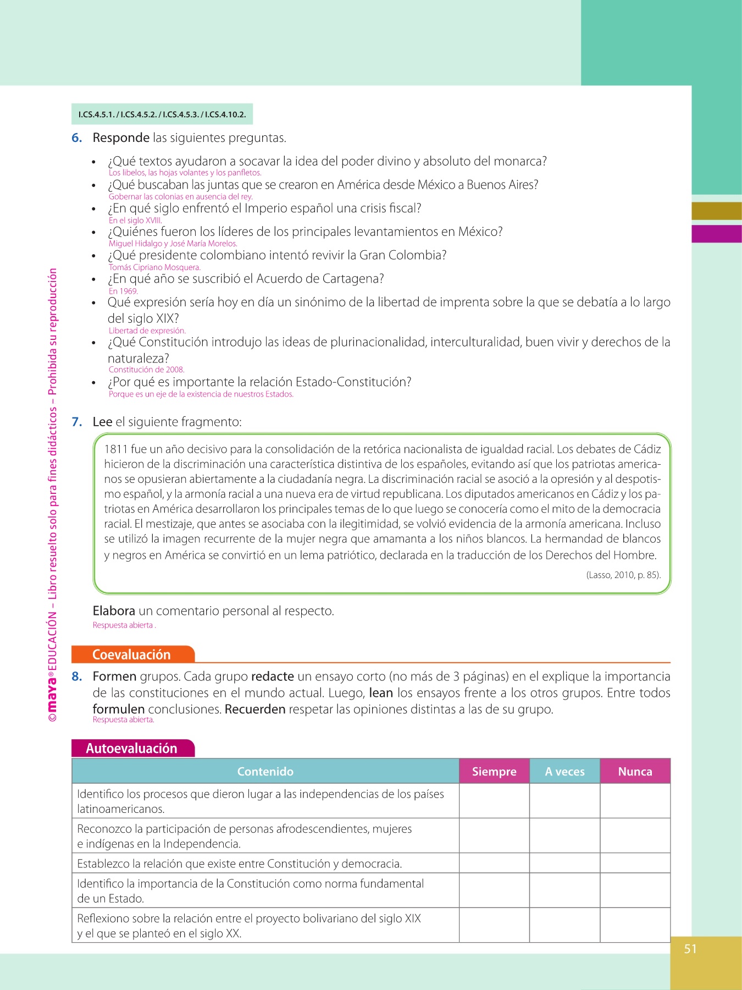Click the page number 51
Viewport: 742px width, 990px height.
point(690,949)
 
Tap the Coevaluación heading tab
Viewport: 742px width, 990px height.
point(132,654)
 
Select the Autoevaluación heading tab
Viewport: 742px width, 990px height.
point(132,749)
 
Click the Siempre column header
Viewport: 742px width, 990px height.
point(494,772)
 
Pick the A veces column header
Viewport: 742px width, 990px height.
point(564,772)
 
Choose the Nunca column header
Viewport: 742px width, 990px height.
point(635,772)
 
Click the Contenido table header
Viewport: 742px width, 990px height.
point(265,772)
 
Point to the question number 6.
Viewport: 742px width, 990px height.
point(77,138)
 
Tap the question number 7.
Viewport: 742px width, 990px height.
point(77,422)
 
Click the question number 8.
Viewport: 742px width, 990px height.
point(77,676)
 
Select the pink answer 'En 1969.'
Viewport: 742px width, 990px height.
point(123,291)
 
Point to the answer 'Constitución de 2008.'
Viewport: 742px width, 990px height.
point(146,370)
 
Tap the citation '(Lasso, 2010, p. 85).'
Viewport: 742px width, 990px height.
point(623,575)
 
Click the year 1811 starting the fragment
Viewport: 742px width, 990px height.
point(115,449)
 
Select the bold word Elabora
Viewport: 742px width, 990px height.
point(114,611)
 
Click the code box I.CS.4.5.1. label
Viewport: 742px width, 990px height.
point(97,115)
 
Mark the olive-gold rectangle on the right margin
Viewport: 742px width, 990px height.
point(716,211)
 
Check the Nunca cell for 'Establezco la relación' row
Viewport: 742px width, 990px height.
point(635,864)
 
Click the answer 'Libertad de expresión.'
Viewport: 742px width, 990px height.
point(147,331)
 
